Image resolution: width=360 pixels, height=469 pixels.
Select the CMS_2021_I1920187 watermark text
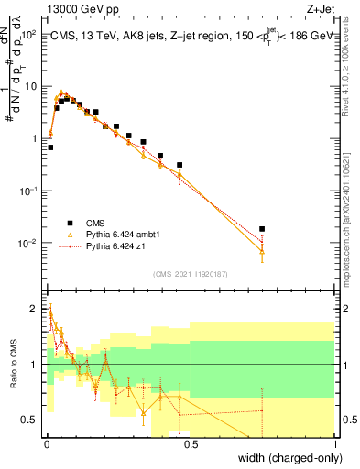(191, 274)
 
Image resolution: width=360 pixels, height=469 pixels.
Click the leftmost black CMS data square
(50, 147)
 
